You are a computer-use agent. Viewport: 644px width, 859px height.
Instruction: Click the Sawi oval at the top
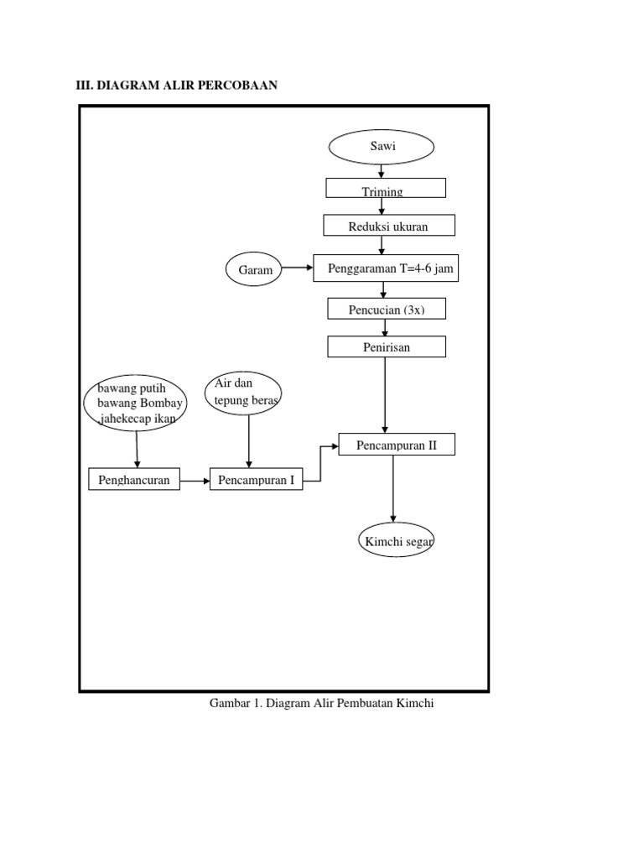click(381, 147)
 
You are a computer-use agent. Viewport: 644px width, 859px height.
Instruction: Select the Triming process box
click(386, 188)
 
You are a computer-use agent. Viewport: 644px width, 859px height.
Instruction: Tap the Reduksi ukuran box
click(389, 226)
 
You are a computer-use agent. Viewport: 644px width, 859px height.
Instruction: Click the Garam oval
click(255, 270)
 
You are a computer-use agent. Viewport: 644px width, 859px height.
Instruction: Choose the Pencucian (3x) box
click(387, 310)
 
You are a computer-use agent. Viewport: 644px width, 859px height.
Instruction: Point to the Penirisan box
click(387, 346)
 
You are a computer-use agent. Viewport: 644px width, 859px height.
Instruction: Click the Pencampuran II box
click(397, 445)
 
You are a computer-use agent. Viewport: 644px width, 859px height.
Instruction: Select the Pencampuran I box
click(256, 480)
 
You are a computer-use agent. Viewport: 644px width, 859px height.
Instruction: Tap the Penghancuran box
click(134, 480)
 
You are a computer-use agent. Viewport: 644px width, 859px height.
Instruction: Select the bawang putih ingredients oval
click(135, 403)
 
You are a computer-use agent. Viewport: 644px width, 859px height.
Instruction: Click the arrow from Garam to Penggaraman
click(298, 269)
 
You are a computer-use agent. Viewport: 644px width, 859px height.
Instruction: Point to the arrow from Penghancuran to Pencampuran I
click(195, 481)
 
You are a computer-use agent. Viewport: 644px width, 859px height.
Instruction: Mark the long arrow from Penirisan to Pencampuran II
click(385, 394)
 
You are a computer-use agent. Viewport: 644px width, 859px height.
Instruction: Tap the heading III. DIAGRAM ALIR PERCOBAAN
click(177, 86)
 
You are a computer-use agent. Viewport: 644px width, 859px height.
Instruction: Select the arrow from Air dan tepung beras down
click(249, 440)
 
